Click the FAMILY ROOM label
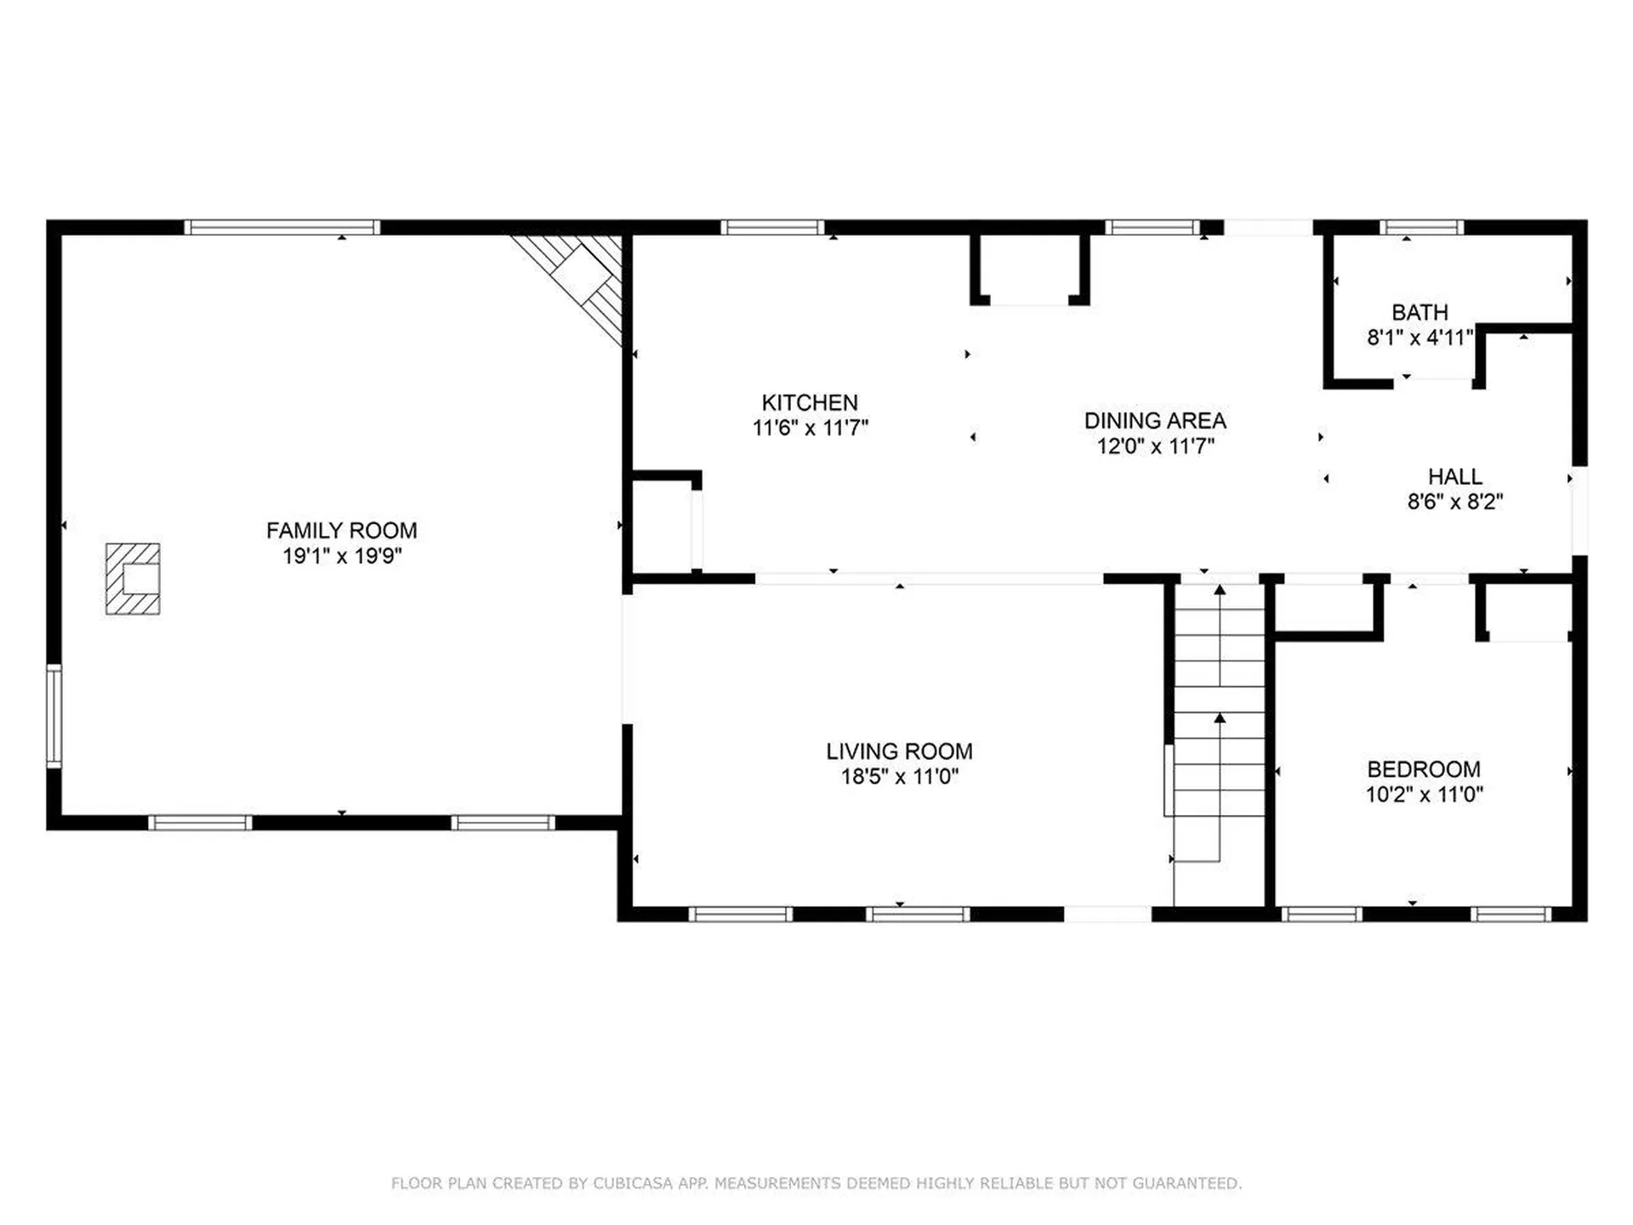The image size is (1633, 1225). tap(342, 531)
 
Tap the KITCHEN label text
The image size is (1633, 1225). tap(810, 402)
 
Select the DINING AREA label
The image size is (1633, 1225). tap(1155, 420)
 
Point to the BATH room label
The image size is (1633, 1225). tap(1420, 312)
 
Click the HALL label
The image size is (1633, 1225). tap(1455, 476)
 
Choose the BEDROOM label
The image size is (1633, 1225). tap(1424, 769)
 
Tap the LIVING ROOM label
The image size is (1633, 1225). tap(899, 751)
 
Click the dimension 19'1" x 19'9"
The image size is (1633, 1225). tap(342, 556)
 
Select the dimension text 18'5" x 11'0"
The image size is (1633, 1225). tap(900, 777)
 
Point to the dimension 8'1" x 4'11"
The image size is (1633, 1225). tap(1420, 338)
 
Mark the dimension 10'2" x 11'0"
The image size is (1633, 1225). tap(1425, 795)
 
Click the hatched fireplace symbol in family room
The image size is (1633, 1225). tap(133, 578)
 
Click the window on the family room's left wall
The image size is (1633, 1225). tap(54, 717)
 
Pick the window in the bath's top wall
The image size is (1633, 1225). tap(1422, 227)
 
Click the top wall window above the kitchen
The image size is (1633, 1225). tap(772, 227)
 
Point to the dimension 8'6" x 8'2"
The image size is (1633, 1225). tap(1455, 502)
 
